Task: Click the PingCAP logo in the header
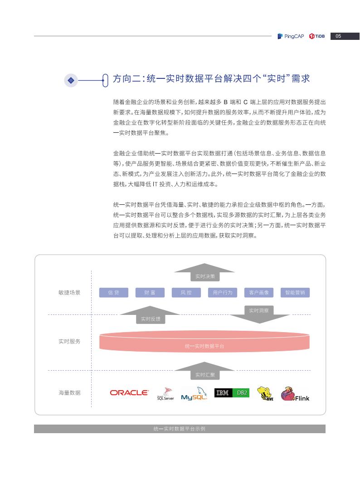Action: (291, 36)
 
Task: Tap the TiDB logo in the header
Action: (317, 36)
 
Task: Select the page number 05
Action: (338, 36)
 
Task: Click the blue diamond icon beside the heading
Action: (71, 80)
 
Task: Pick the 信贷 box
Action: (114, 293)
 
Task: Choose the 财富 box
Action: (150, 293)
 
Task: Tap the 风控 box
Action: (186, 293)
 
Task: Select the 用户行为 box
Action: (222, 293)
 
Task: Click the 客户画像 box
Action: (259, 293)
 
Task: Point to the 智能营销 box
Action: (295, 293)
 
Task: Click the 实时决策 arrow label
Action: (205, 276)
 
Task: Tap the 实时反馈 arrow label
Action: (151, 319)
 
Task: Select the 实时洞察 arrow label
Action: (259, 310)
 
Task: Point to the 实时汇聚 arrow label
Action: (205, 375)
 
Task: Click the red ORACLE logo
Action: (129, 393)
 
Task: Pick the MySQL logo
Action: (194, 394)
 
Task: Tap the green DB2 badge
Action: (242, 393)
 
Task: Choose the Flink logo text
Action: (302, 398)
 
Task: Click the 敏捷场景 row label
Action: (69, 293)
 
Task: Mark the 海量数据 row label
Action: (69, 393)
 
